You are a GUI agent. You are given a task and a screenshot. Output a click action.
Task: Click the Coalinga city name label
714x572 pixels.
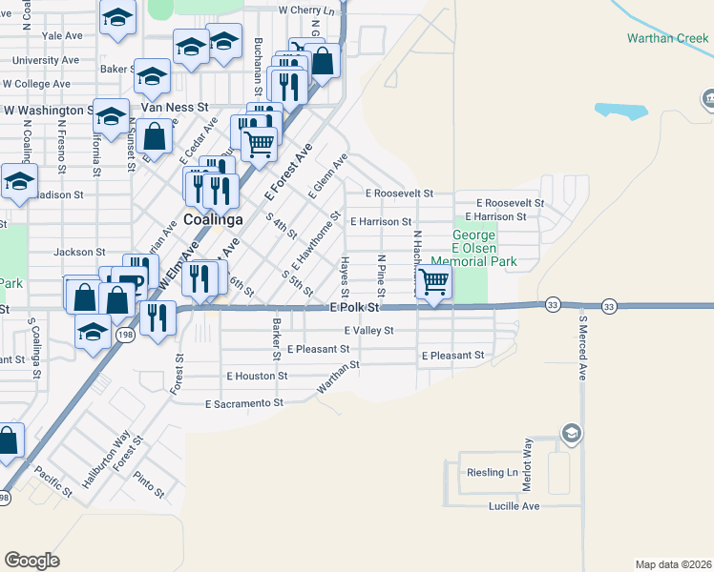pyautogui.click(x=213, y=218)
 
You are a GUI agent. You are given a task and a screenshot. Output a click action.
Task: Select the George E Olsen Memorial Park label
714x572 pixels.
pyautogui.click(x=473, y=248)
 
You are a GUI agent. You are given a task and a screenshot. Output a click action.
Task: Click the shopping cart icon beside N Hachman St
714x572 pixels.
pyautogui.click(x=434, y=282)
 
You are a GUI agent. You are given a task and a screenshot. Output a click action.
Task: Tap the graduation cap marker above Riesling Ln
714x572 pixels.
pyautogui.click(x=571, y=434)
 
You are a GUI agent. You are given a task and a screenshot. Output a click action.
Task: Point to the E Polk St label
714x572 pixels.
pyautogui.click(x=354, y=308)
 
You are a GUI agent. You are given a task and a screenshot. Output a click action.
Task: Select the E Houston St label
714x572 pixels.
pyautogui.click(x=257, y=376)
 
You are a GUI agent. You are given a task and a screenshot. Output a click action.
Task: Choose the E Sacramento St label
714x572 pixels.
pyautogui.click(x=244, y=403)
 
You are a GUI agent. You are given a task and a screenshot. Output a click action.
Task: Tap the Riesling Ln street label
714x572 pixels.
pyautogui.click(x=492, y=473)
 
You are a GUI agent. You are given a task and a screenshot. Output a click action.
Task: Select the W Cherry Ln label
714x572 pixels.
pyautogui.click(x=307, y=10)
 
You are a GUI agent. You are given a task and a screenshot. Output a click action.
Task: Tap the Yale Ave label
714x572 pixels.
pyautogui.click(x=63, y=35)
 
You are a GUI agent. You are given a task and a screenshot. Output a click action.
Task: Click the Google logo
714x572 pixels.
pyautogui.click(x=31, y=561)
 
